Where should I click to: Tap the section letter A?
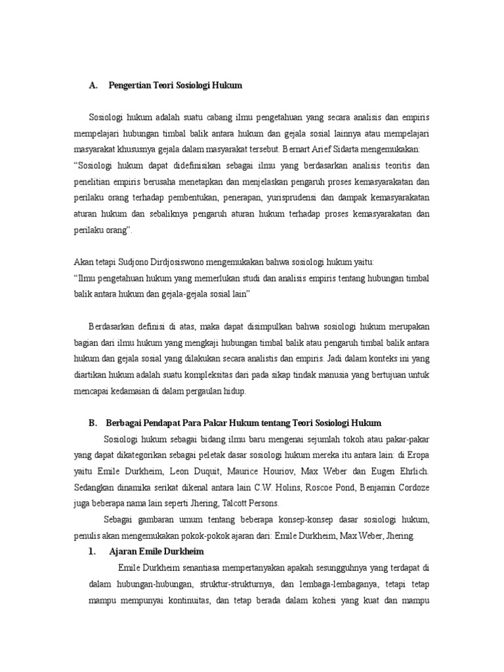[x=92, y=85]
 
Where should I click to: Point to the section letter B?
[x=92, y=423]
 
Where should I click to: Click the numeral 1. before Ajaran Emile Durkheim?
[x=93, y=551]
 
